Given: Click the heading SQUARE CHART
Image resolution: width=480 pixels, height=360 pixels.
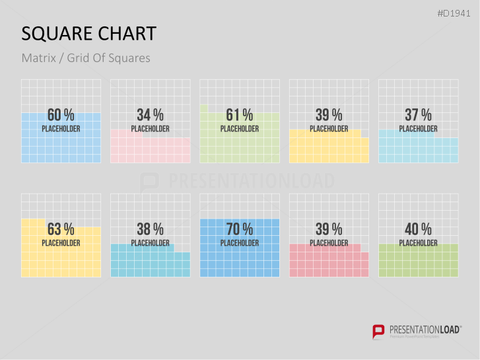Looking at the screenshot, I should click(x=89, y=34).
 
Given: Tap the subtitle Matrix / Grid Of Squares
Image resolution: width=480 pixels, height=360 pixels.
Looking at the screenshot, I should click(x=86, y=58).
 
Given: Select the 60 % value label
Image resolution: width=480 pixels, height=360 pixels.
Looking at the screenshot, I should click(x=61, y=115).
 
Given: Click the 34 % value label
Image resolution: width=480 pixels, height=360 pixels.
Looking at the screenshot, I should click(x=150, y=115).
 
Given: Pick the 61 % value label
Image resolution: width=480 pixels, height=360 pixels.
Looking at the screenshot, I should click(x=239, y=115).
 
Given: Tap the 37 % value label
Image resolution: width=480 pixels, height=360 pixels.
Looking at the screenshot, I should click(x=418, y=115).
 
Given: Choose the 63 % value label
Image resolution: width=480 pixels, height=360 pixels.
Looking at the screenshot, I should click(x=61, y=229).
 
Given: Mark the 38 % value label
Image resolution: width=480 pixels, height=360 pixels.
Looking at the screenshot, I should click(x=150, y=229).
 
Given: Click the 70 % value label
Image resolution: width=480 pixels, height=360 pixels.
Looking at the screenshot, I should click(x=239, y=229).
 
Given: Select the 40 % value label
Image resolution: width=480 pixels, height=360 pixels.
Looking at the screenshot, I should click(x=418, y=229).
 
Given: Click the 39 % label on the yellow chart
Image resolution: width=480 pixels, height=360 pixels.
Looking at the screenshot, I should click(x=328, y=115).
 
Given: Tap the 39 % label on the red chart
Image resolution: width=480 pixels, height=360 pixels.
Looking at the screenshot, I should click(x=328, y=229).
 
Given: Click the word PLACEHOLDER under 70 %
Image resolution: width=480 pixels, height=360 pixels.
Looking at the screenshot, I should click(x=239, y=243).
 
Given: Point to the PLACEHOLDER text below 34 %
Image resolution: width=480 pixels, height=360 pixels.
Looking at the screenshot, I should click(x=150, y=129).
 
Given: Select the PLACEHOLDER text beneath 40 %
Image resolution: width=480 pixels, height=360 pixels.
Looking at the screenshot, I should click(x=418, y=243).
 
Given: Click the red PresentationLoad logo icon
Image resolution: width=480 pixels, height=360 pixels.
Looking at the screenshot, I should click(x=378, y=331).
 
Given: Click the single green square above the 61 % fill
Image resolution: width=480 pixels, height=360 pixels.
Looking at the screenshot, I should click(x=204, y=108).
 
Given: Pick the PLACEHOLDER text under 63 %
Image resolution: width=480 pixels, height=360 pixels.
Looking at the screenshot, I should click(x=61, y=243).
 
